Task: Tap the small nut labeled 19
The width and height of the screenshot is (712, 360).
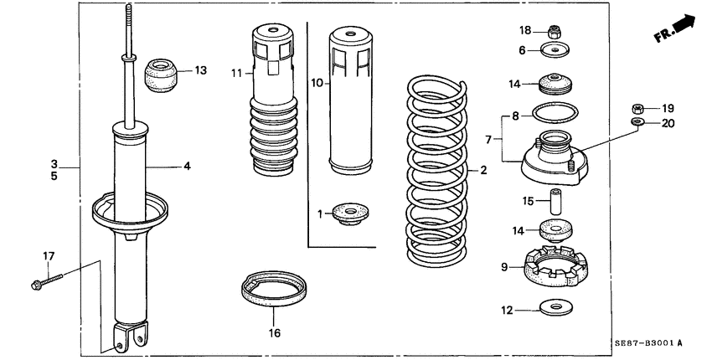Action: [x=637, y=108]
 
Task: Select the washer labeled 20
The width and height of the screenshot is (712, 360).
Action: [x=637, y=124]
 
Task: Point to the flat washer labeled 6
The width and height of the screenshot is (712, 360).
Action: [x=551, y=52]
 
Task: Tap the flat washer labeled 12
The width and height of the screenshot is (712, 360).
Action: [x=551, y=310]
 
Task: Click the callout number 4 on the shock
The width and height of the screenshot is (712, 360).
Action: [x=187, y=166]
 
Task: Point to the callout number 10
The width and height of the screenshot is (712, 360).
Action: [x=317, y=82]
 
